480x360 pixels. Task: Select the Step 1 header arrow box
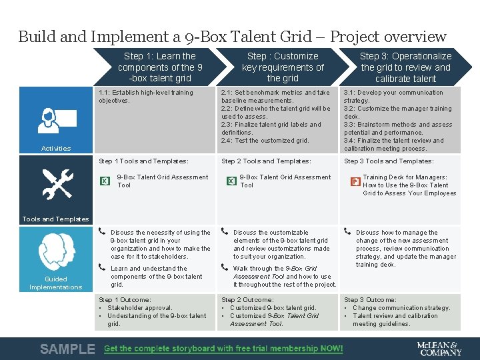coord(160,67)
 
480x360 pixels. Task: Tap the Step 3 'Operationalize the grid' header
coord(405,67)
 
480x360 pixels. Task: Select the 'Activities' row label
coord(55,148)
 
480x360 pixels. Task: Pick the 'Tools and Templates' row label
coord(55,219)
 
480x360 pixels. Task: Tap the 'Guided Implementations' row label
coord(55,283)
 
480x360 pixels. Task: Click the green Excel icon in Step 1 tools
coord(105,181)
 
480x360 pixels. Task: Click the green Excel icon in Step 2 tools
coord(228,181)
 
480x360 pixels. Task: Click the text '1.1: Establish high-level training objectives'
coord(145,97)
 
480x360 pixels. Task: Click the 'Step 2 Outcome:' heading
coord(247,300)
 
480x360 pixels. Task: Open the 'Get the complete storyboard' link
coord(223,349)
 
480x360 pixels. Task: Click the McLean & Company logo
coord(438,349)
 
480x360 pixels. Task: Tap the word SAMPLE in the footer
coord(67,349)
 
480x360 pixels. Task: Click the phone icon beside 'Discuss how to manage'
coord(347,232)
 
